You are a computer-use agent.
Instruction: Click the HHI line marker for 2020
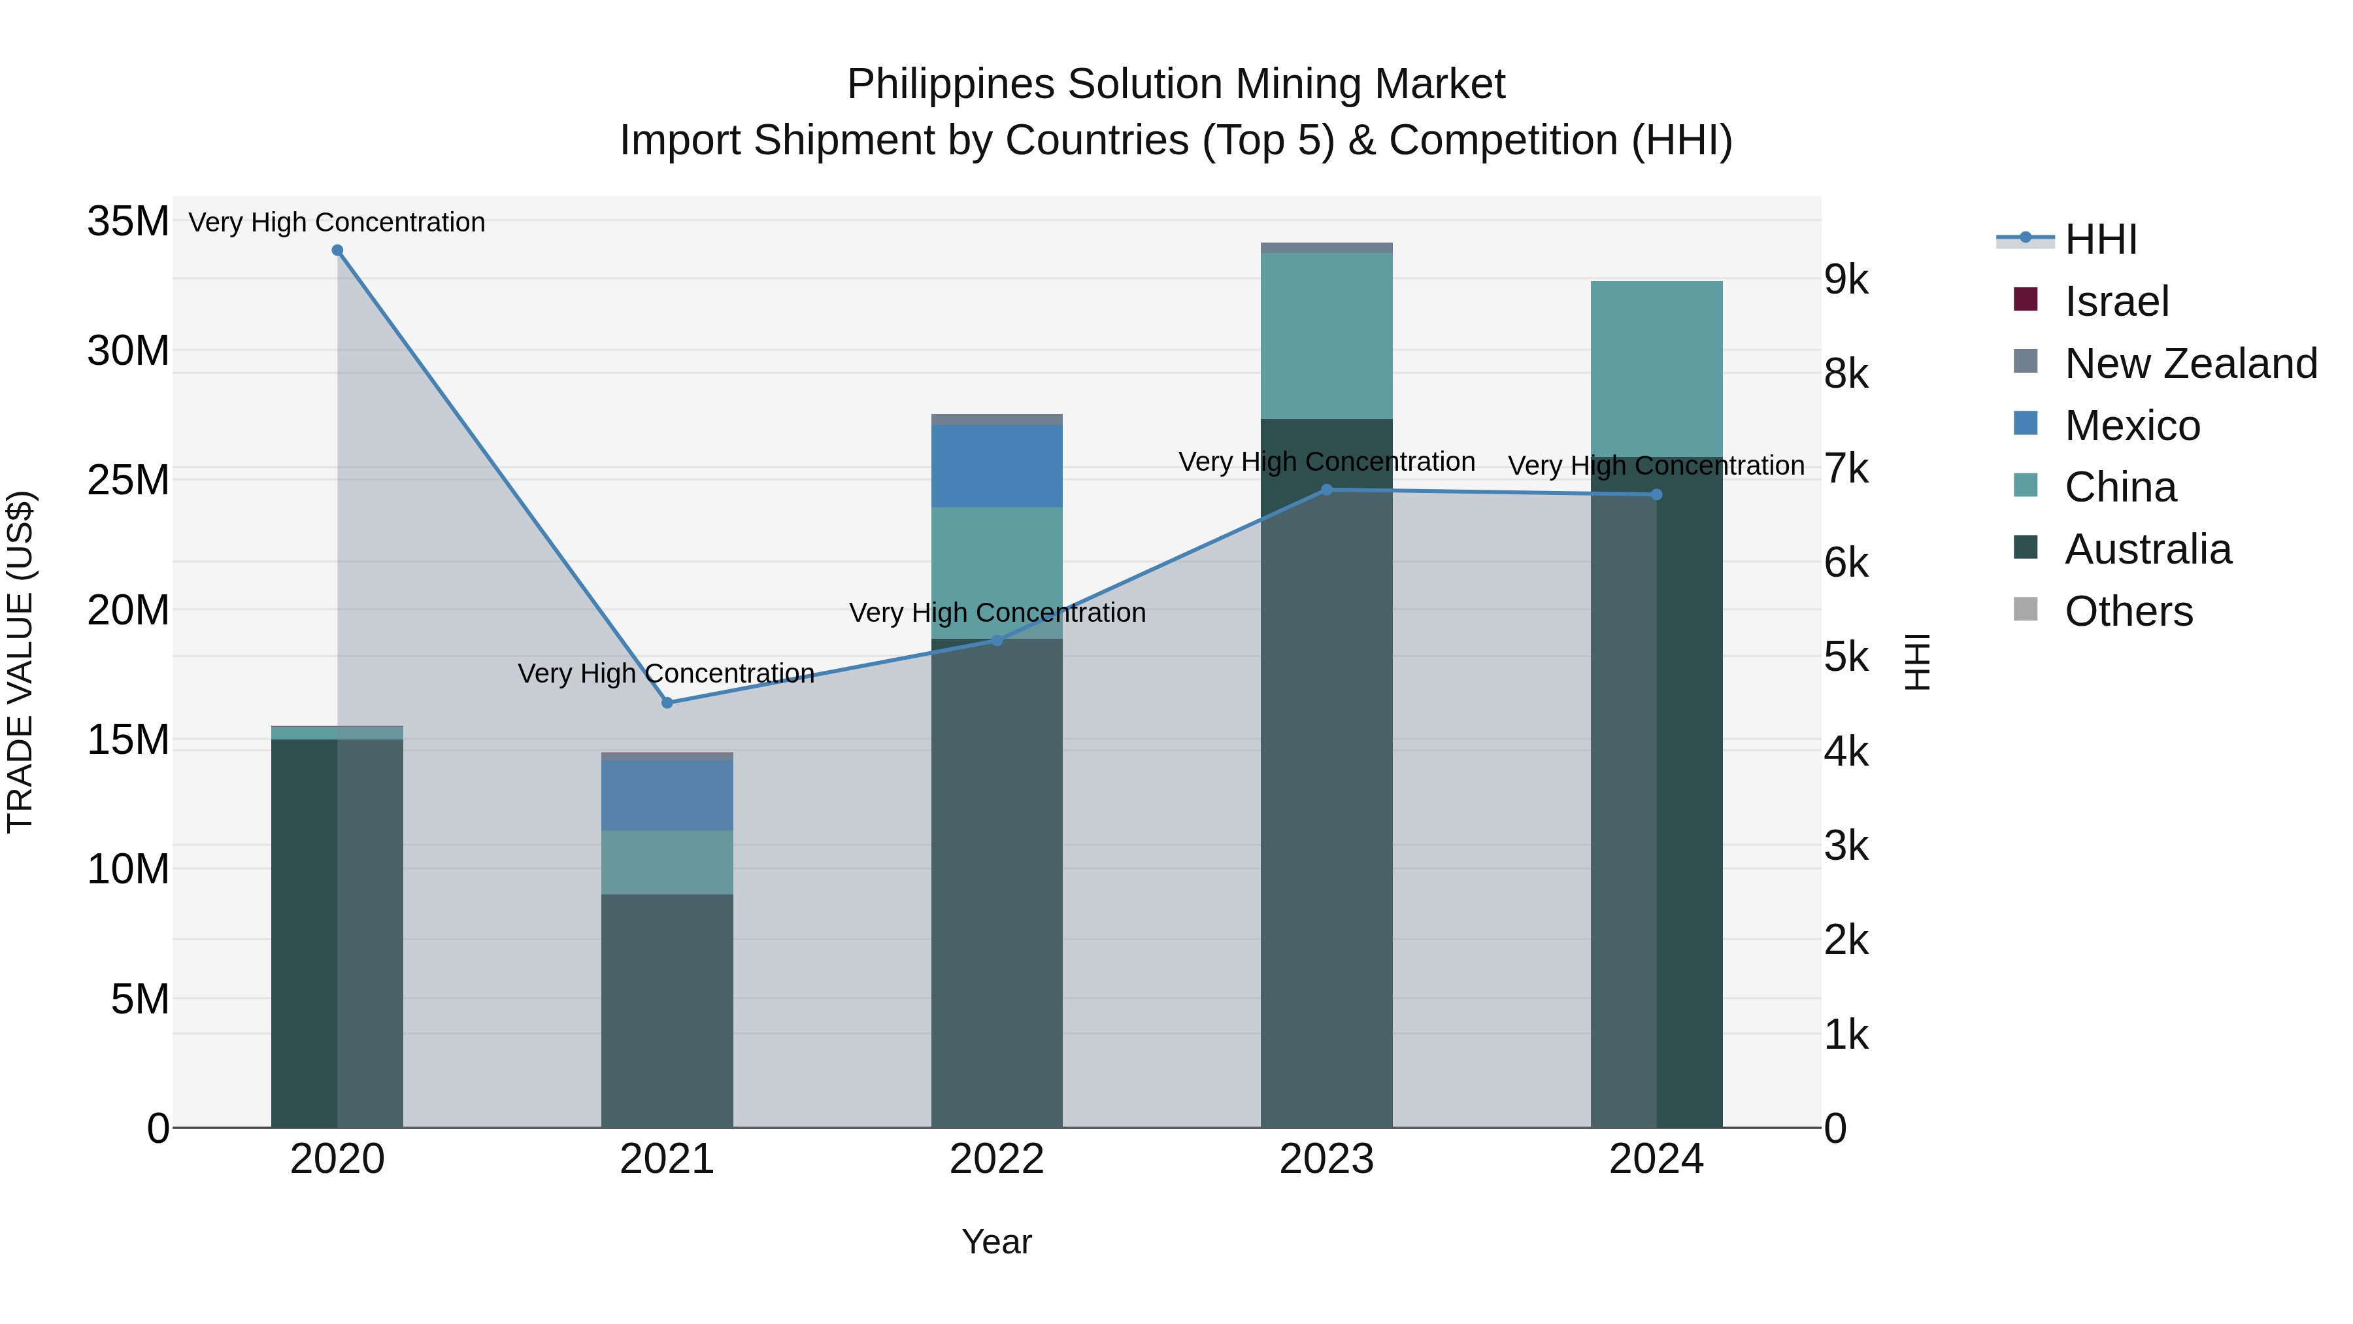click(337, 250)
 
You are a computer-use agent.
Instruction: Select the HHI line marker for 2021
click(667, 703)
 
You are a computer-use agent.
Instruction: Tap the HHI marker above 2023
click(1326, 490)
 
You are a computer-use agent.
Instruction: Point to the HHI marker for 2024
click(1656, 494)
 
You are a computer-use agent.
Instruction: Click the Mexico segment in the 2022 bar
click(997, 466)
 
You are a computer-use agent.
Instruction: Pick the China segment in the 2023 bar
click(1326, 335)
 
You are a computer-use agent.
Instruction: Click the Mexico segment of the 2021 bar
click(667, 795)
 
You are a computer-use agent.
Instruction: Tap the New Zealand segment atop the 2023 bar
click(1326, 248)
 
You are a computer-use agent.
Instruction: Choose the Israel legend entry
click(2116, 301)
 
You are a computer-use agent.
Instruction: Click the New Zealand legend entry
click(2190, 364)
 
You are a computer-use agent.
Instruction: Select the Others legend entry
click(2128, 611)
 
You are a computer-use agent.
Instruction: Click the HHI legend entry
click(2100, 239)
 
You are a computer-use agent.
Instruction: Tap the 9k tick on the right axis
click(1846, 280)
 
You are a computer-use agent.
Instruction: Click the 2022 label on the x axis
click(997, 1159)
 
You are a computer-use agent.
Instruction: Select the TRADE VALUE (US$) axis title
click(20, 662)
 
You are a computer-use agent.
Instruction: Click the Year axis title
click(997, 1242)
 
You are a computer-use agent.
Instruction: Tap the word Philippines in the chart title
click(950, 84)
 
